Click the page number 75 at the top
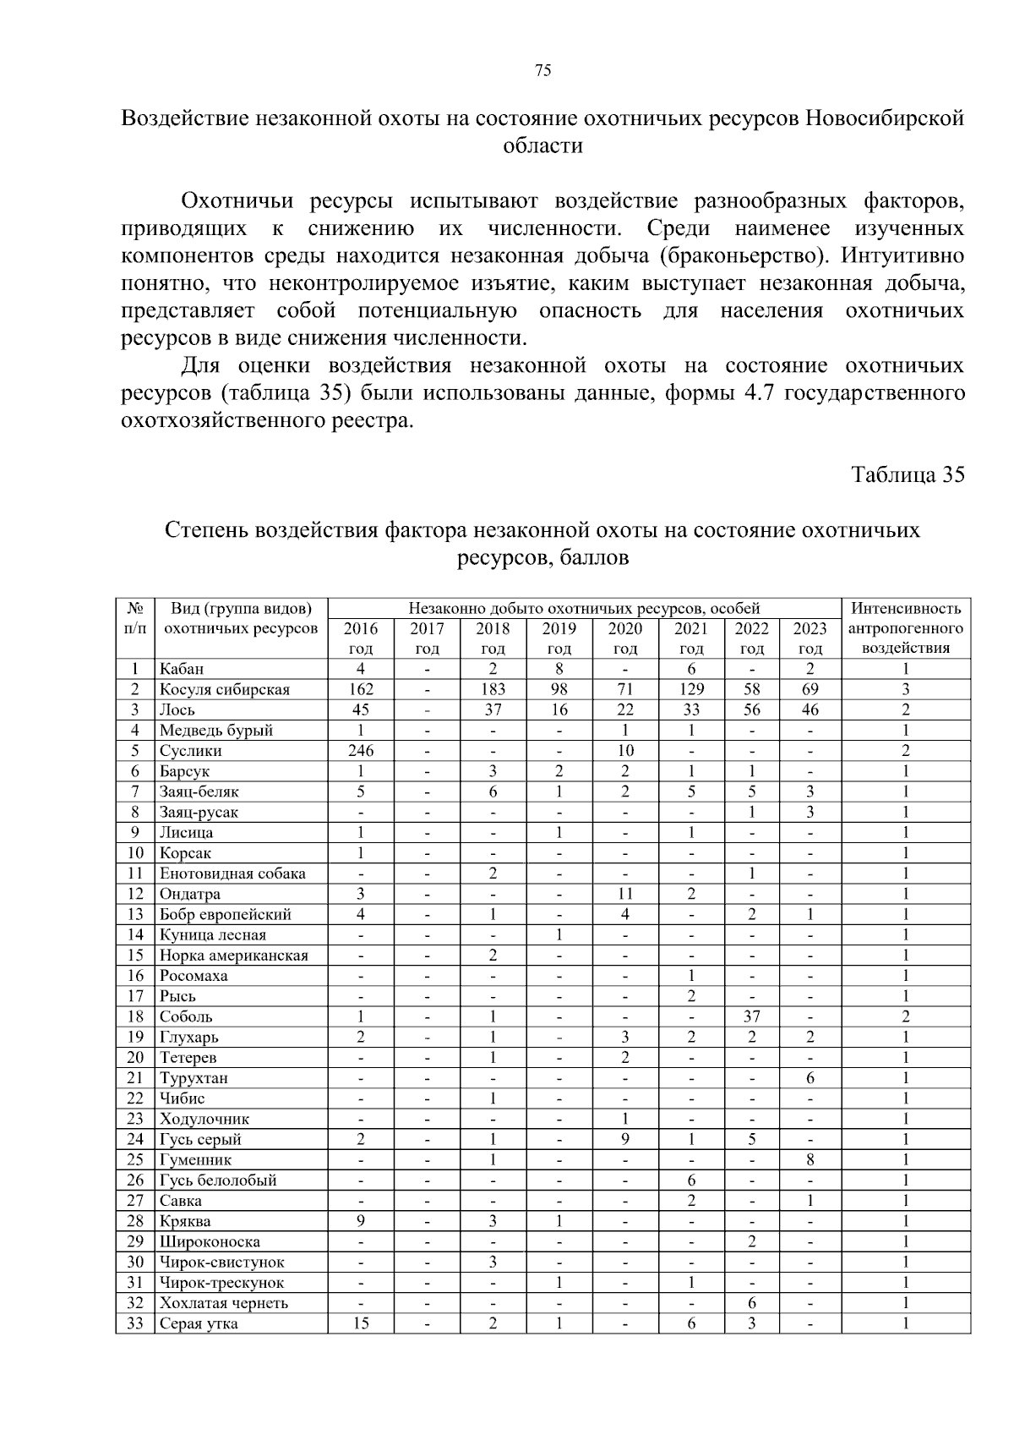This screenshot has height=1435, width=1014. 542,71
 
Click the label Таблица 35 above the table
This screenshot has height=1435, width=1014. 908,474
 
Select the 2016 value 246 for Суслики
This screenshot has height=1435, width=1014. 361,751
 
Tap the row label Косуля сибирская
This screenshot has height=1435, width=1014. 225,689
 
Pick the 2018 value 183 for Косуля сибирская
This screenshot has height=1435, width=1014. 493,689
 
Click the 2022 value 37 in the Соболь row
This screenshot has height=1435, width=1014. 752,1016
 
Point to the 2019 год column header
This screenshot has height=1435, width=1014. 559,638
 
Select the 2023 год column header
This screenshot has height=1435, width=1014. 810,638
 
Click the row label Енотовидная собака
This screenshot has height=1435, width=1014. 232,874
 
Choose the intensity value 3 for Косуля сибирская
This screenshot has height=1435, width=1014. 905,689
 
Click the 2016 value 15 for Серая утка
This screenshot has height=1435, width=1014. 361,1323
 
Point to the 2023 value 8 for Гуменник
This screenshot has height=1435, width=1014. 810,1159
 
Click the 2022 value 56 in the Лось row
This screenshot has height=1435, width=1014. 752,709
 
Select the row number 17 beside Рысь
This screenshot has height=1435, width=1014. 135,996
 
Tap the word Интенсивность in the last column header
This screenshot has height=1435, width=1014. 905,608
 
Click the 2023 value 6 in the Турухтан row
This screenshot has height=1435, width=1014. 810,1078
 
